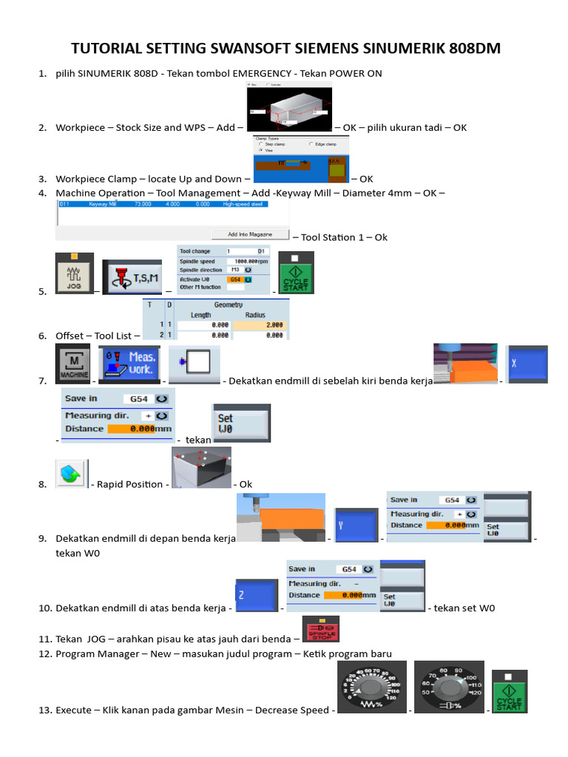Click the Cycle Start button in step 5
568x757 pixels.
tap(296, 274)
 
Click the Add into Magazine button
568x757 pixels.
tap(250, 234)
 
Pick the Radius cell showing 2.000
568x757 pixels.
tap(259, 325)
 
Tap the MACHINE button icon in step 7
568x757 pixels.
tap(75, 364)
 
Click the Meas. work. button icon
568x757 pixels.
tap(129, 364)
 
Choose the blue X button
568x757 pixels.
tap(527, 364)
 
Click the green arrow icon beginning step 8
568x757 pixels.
tap(72, 474)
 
